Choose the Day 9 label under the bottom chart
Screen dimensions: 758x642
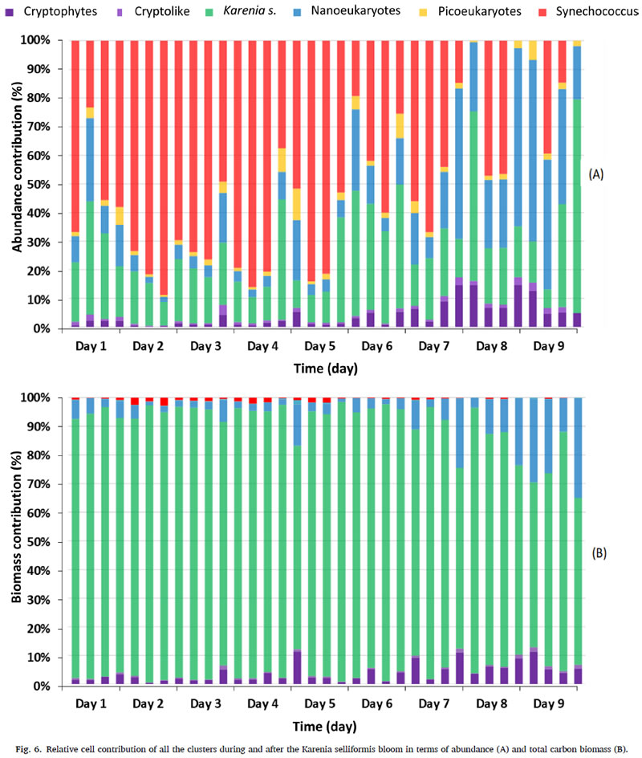[550, 703]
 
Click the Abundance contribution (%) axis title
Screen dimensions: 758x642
[17, 184]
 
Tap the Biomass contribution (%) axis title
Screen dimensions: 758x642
[17, 542]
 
